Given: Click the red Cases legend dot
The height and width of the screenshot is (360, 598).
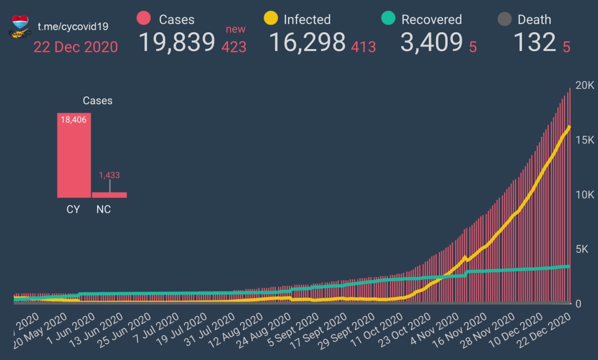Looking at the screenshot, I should point(143,19).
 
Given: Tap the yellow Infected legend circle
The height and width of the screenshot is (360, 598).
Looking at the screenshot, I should point(271,19).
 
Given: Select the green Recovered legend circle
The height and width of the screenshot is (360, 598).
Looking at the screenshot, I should point(388,19).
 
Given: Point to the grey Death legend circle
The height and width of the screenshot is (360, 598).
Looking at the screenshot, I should point(504,19).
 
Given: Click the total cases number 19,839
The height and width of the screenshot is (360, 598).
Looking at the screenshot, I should point(177,42).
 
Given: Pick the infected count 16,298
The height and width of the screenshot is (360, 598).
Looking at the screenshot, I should point(307,42).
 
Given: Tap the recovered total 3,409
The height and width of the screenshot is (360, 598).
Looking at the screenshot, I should point(431,42).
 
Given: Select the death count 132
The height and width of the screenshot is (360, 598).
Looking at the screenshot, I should point(534,42).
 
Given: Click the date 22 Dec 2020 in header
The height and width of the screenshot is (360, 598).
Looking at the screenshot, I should point(75,47).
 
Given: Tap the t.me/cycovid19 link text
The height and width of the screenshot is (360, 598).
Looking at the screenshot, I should point(73,26).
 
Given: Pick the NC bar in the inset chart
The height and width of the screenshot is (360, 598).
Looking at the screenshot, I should point(109,195).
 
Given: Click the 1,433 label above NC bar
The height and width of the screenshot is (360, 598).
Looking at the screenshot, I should point(109,175).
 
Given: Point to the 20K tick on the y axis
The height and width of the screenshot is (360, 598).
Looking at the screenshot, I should point(584,86).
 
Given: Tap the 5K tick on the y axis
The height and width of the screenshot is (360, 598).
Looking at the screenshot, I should point(584,249).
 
